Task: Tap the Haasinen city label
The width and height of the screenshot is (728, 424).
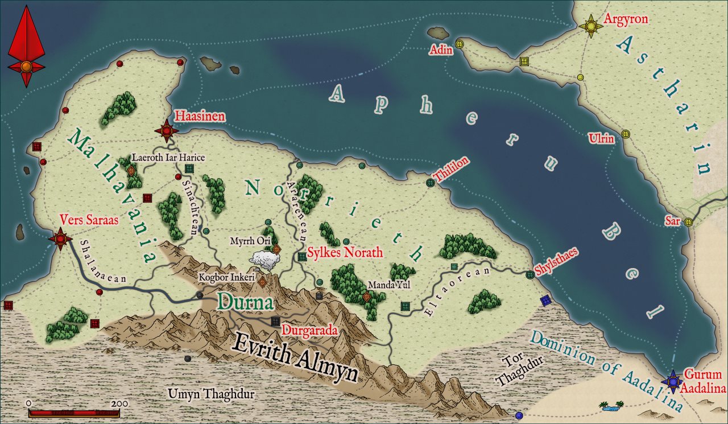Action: (200, 117)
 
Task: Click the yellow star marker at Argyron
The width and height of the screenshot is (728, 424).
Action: (591, 26)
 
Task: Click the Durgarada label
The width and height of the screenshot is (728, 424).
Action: (310, 330)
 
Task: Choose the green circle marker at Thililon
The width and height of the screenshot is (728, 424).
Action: (431, 183)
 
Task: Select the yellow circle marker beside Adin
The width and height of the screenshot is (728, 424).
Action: (460, 44)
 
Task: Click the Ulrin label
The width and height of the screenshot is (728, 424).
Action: (602, 138)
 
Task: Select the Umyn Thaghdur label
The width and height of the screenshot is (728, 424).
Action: (211, 394)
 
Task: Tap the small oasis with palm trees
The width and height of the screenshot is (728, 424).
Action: (611, 406)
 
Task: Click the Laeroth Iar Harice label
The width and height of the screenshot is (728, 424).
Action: (168, 157)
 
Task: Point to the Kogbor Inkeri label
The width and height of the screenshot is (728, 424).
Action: (226, 277)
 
